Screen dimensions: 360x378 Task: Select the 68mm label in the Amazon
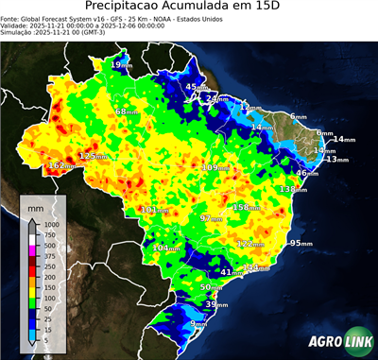click(x=125, y=111)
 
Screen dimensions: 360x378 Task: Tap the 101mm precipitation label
click(x=153, y=210)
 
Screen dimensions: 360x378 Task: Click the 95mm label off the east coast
click(x=301, y=243)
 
